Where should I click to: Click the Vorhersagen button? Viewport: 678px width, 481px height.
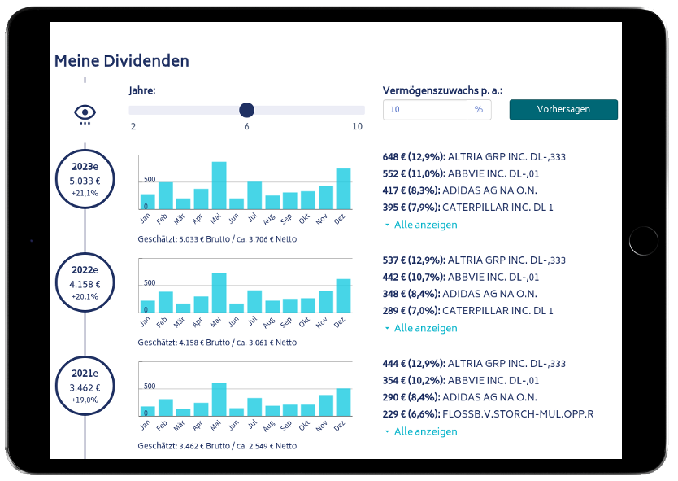coord(563,109)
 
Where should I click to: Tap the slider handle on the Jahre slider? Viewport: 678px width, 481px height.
coord(247,110)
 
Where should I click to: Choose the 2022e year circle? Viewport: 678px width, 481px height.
coord(85,283)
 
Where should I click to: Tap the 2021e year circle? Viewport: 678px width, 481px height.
coord(85,387)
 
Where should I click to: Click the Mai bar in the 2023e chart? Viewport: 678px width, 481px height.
coord(219,186)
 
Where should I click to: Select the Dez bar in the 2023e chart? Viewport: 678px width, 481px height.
coord(343,189)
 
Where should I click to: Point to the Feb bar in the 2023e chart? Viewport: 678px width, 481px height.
coord(165,195)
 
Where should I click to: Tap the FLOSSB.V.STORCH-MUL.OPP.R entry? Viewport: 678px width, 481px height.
coord(488,414)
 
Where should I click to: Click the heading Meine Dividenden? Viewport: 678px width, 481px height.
coord(122,61)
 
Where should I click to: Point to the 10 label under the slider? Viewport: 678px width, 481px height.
coord(357,126)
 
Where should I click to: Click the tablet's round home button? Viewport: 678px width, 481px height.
coord(644,240)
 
